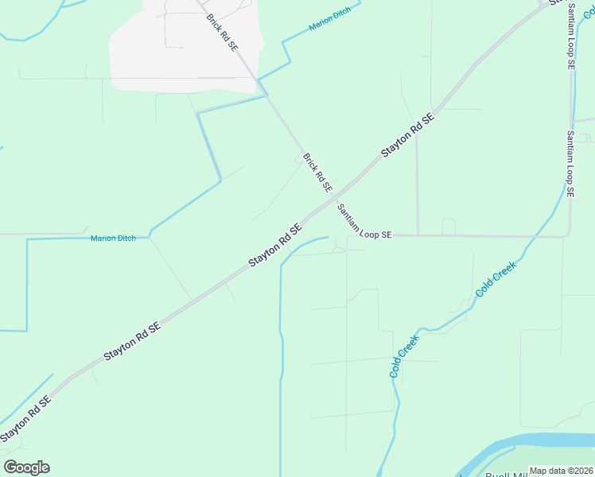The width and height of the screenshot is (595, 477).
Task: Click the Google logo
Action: [26, 467]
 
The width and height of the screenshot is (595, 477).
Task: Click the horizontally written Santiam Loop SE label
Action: [364, 222]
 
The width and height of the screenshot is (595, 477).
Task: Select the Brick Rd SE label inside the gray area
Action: [221, 32]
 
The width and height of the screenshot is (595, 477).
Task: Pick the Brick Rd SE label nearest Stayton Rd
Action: [317, 173]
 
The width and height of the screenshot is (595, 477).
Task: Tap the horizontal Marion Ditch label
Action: [113, 238]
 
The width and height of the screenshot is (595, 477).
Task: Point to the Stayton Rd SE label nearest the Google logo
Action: [25, 418]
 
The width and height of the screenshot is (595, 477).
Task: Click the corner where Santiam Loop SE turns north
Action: [568, 235]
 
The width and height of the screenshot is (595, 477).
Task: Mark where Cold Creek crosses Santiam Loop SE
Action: [545, 236]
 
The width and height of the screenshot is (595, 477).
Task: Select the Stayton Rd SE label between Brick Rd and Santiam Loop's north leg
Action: [407, 134]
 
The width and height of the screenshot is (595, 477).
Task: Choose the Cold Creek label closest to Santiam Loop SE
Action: [496, 278]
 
